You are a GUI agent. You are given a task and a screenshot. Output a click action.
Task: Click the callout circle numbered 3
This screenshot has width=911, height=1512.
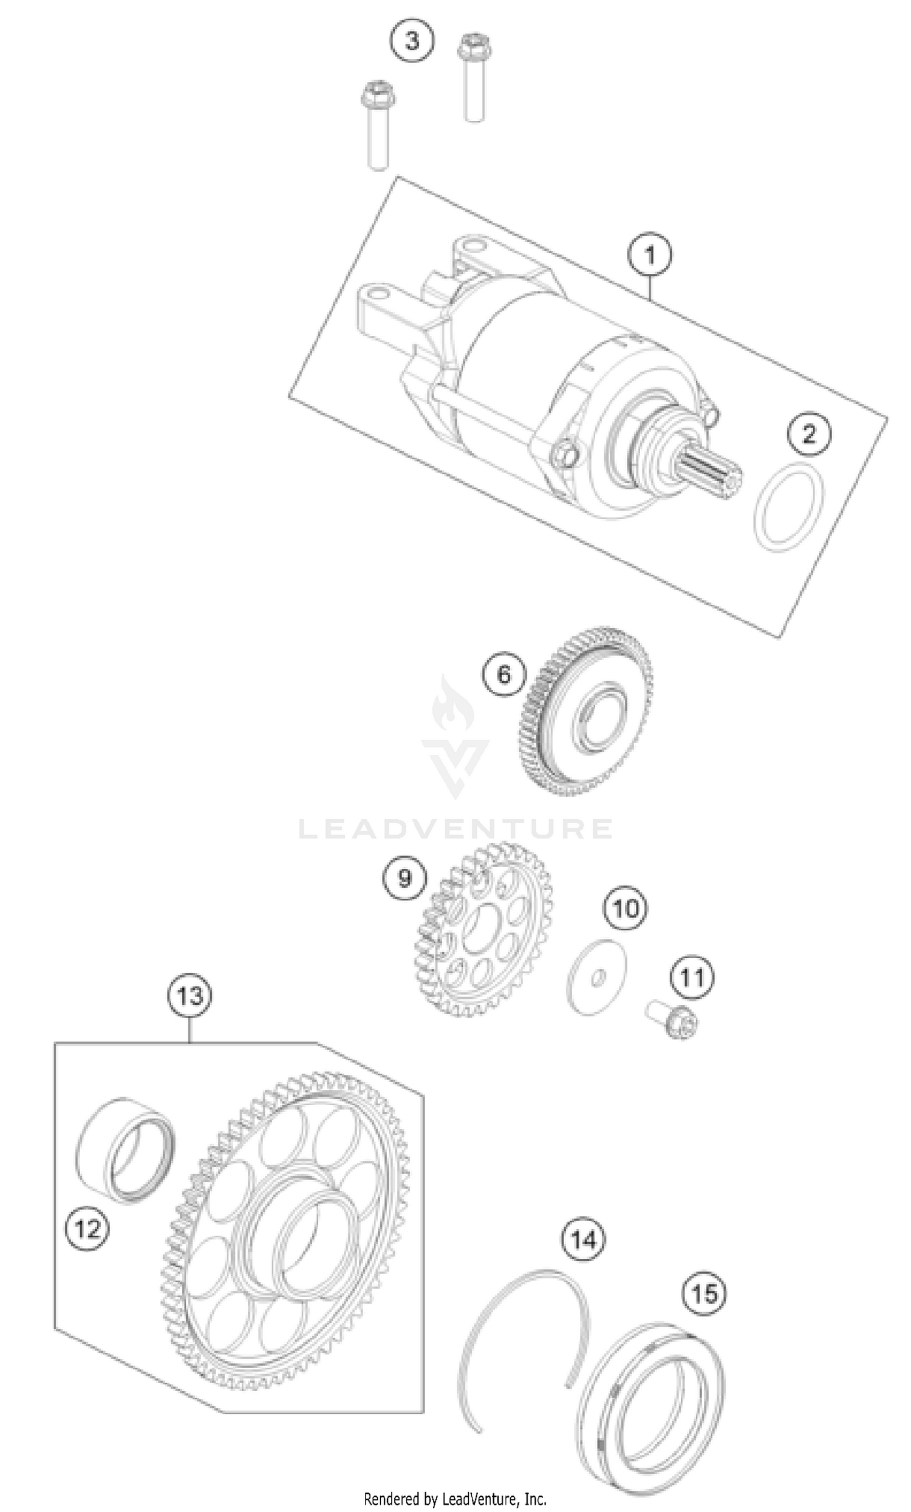coord(412,41)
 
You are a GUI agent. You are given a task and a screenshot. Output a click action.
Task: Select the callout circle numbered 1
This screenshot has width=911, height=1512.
coord(650,254)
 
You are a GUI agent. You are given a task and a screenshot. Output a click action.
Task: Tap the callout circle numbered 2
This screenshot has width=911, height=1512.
coord(809,434)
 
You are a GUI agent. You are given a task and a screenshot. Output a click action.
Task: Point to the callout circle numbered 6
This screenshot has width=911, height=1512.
coord(503,675)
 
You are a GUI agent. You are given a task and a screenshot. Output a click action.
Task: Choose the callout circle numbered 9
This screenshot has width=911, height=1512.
coord(404,877)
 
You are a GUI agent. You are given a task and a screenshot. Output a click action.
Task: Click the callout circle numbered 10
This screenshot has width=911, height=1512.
coord(626,908)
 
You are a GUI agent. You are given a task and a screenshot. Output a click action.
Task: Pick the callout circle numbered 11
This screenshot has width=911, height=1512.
coord(692,977)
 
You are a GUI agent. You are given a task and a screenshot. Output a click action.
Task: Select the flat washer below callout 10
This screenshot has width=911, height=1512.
coord(596,977)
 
